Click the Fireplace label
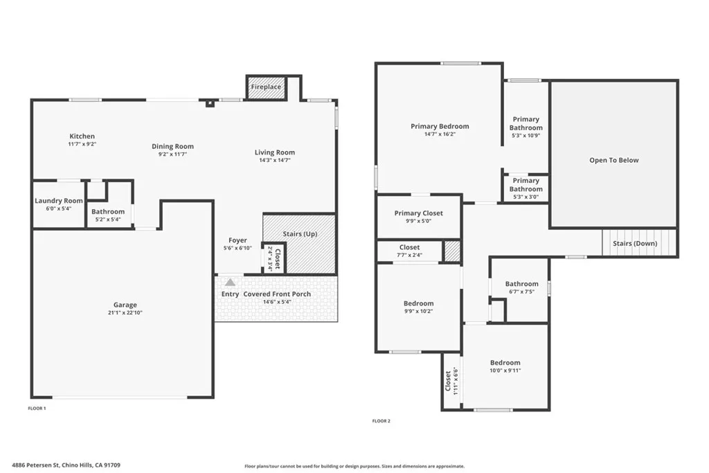click(266, 87)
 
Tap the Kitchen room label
click(82, 136)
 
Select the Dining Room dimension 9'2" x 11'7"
click(173, 154)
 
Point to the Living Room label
click(275, 152)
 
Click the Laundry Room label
click(59, 201)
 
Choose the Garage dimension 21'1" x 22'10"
click(125, 312)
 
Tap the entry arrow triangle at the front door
click(230, 282)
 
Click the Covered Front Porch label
click(277, 294)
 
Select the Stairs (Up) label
click(300, 234)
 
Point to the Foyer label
click(237, 240)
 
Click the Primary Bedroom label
click(440, 126)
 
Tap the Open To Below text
click(613, 160)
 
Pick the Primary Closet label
click(418, 213)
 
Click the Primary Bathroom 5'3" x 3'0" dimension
click(526, 197)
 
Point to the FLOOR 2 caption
click(382, 421)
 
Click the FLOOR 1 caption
click(37, 409)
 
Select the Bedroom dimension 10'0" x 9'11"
click(505, 371)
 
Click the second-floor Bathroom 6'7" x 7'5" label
click(521, 284)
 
